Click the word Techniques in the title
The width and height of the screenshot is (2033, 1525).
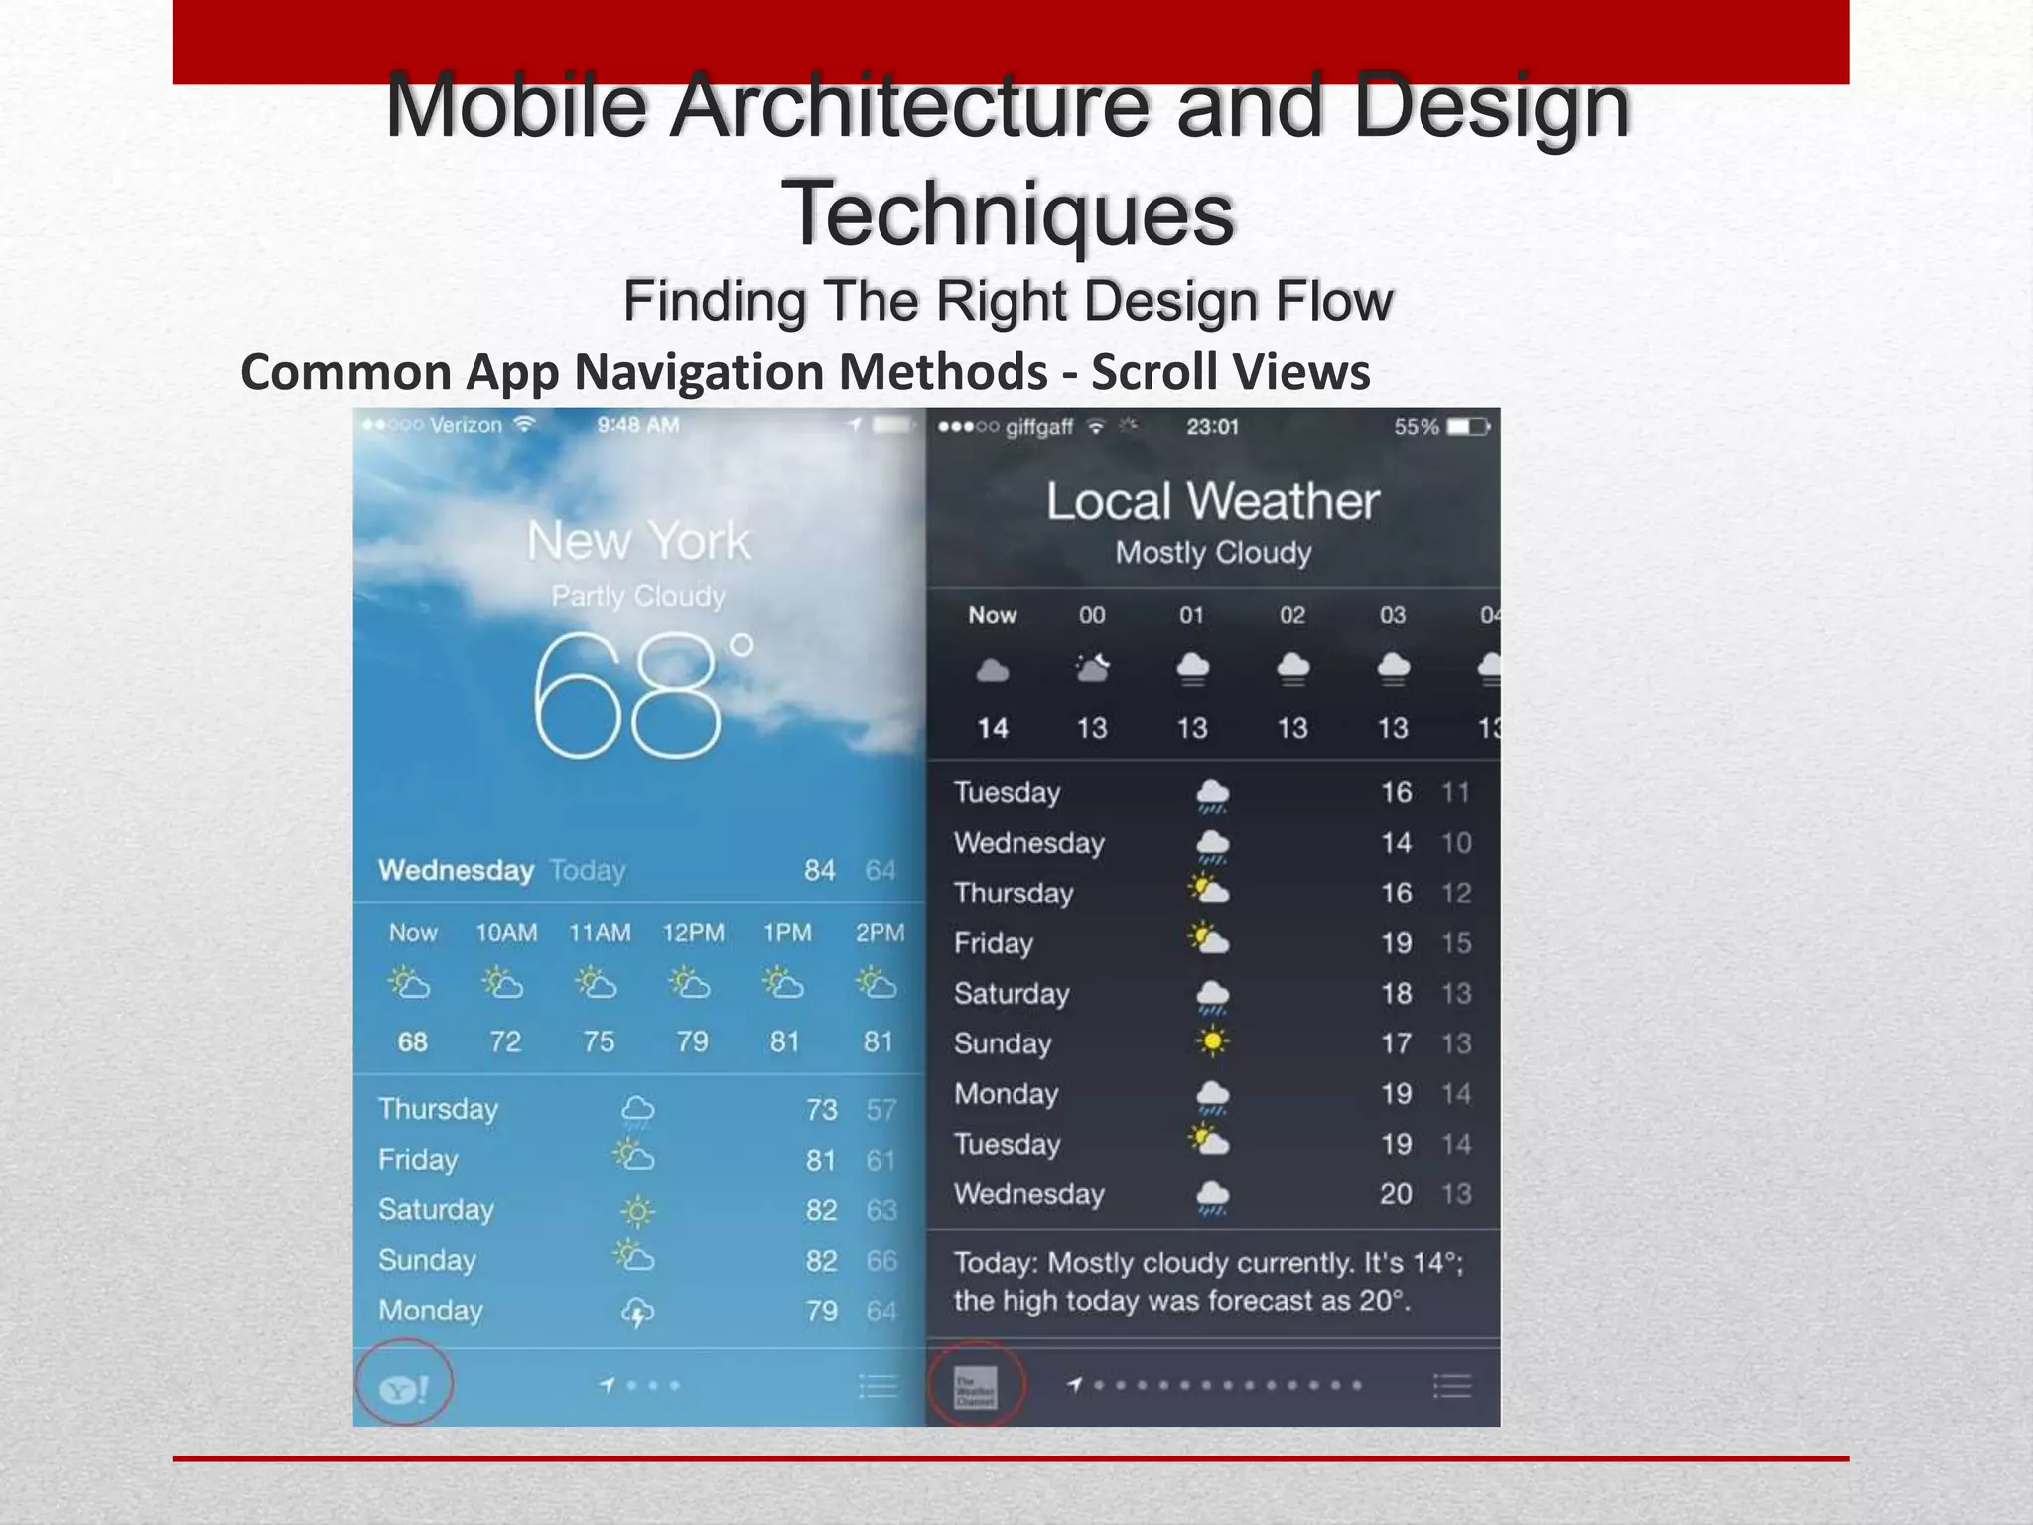[1009, 213]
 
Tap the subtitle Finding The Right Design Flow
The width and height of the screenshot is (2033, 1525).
[1009, 301]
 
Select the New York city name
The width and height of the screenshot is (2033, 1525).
[638, 541]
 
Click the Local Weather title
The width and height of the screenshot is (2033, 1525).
[1213, 501]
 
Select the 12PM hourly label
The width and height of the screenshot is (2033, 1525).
[693, 933]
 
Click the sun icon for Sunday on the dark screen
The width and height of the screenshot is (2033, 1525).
[1212, 1041]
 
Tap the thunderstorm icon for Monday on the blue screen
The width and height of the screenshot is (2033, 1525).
[637, 1313]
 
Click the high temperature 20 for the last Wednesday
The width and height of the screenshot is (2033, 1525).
[1396, 1194]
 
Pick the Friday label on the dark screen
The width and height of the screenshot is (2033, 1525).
[994, 943]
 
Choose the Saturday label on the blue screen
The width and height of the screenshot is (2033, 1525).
[436, 1210]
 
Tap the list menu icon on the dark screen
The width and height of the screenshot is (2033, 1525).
[1452, 1385]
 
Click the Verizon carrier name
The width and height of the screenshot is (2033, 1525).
[466, 425]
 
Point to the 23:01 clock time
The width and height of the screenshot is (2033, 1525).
[1212, 427]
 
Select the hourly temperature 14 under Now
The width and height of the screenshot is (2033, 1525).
[993, 728]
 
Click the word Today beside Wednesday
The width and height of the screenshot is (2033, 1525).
[588, 871]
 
